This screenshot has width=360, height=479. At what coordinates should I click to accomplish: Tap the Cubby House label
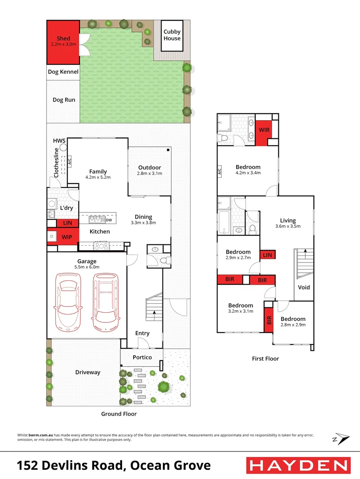point(172,35)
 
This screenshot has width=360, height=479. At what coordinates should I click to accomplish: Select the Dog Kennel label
point(63,72)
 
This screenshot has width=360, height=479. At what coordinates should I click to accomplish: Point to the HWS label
point(59,141)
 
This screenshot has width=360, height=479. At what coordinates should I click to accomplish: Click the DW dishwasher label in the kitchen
point(108,220)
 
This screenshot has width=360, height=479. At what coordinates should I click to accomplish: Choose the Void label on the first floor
point(304,287)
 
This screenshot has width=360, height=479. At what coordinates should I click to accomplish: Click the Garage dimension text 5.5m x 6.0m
point(87,267)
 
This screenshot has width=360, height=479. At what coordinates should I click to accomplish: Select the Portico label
point(142,357)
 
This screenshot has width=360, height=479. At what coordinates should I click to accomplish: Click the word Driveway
point(87,372)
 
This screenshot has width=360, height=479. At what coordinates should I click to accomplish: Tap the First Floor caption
point(266,358)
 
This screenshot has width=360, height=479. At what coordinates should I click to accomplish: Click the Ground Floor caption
point(118,414)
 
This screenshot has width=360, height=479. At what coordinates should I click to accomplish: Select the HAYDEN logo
point(297,465)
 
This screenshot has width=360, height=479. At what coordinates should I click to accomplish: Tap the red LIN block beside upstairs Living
point(267,255)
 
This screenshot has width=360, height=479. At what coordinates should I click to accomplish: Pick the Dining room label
point(143,217)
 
